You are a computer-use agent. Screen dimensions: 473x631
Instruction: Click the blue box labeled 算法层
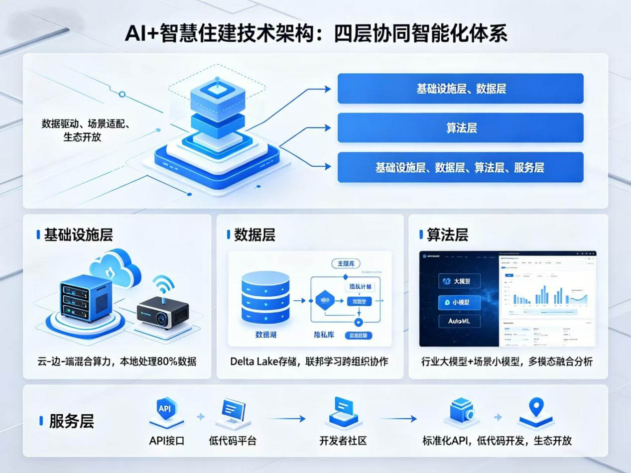[x=460, y=128]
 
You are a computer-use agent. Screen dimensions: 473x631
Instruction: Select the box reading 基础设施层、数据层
[x=460, y=89]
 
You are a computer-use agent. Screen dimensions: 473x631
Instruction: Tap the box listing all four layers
[x=460, y=167]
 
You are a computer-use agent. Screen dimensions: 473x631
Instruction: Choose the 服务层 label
[x=71, y=421]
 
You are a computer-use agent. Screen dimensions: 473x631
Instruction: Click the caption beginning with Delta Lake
[x=309, y=361]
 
